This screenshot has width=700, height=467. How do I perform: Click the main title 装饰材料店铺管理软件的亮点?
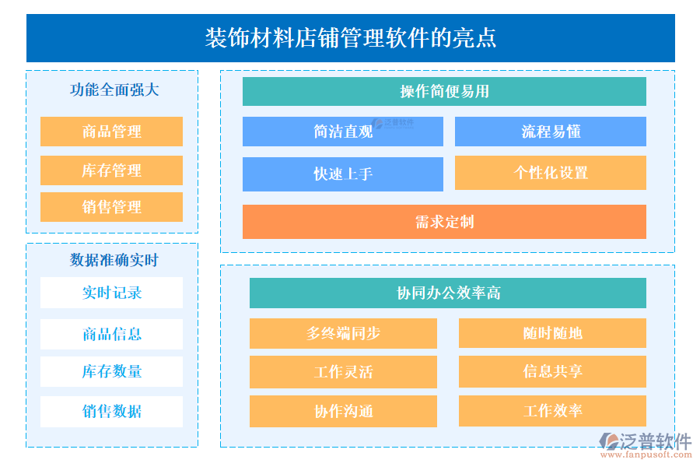tap(350, 38)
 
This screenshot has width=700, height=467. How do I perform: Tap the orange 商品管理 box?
tap(111, 132)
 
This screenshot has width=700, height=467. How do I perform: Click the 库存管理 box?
tap(111, 170)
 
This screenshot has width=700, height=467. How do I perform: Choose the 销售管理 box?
tap(111, 207)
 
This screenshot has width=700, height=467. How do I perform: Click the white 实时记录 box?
tap(111, 293)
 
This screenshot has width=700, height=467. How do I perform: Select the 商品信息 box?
tap(111, 334)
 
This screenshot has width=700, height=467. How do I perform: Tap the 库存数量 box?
tap(111, 372)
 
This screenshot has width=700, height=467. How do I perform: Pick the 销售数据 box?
tap(111, 411)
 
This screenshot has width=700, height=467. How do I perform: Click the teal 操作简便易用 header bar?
tap(444, 91)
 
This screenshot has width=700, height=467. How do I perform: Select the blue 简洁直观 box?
tap(342, 132)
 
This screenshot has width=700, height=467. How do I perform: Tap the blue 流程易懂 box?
tap(550, 132)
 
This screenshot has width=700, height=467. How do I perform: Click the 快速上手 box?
tap(342, 174)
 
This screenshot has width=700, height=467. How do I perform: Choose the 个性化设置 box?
tap(550, 173)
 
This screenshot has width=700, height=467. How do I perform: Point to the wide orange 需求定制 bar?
tap(444, 222)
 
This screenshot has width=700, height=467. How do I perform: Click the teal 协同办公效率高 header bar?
tap(447, 293)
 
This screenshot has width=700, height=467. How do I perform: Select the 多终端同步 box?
tap(343, 333)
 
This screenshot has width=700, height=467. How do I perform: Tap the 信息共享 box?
tap(552, 371)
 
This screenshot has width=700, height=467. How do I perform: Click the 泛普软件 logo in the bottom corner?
tap(645, 441)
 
